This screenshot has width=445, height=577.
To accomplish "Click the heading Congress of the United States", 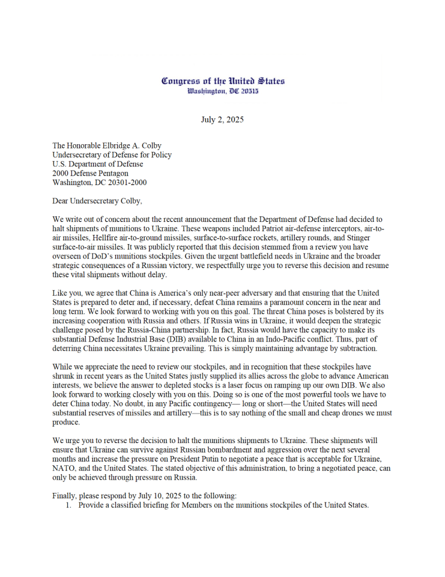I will tap(223, 81).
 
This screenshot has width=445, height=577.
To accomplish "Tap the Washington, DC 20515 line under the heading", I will tap(223, 91).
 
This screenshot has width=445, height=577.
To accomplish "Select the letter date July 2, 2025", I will tap(222, 120).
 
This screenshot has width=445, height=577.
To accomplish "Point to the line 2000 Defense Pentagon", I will tap(90, 173).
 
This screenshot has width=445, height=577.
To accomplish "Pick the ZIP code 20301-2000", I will tap(125, 183).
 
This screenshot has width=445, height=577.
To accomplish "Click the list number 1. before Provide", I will tap(68, 505).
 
